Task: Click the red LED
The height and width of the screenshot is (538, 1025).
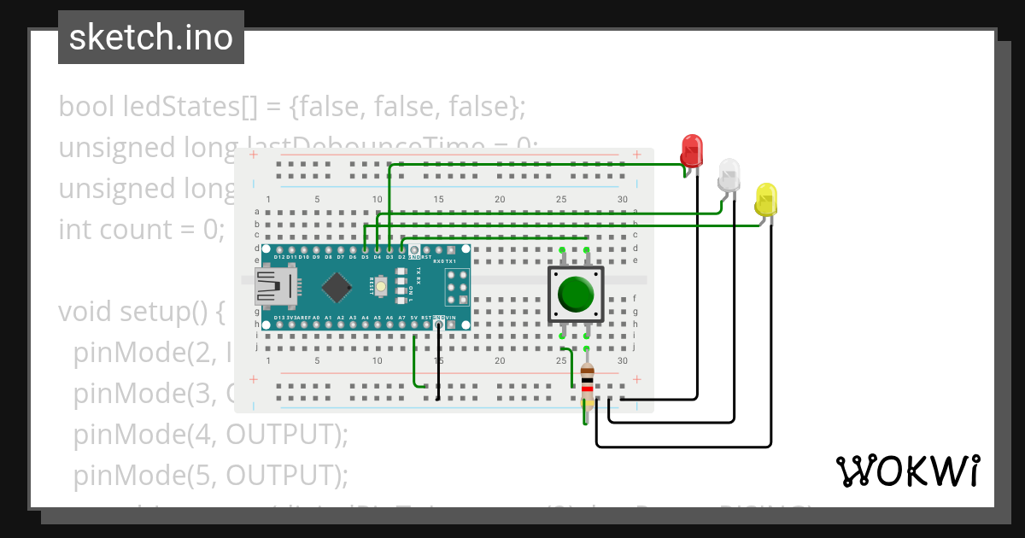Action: [692, 150]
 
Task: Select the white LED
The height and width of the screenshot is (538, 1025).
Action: [729, 174]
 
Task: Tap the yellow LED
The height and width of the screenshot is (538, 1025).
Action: [766, 199]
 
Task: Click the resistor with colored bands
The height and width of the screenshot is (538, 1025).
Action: [587, 385]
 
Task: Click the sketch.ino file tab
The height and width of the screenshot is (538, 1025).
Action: [151, 38]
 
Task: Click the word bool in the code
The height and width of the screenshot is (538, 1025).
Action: [87, 107]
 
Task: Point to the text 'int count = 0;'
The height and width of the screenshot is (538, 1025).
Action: [141, 230]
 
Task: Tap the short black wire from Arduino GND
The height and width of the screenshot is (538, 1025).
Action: [439, 363]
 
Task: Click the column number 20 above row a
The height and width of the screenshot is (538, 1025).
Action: [500, 200]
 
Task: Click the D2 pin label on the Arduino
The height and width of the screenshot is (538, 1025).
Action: [401, 256]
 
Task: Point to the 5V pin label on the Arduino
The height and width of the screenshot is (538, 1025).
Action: [414, 318]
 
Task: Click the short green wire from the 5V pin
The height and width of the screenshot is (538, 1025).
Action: [414, 363]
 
